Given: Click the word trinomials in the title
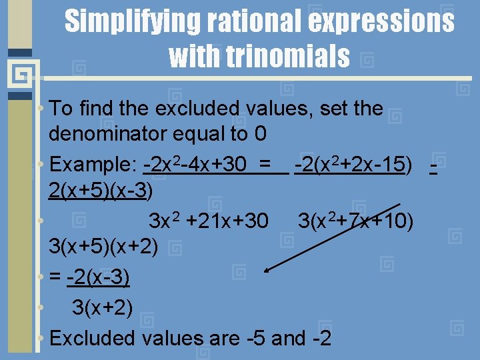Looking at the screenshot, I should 259,56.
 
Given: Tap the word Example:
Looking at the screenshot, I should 93,164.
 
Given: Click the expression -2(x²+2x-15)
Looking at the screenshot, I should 351,164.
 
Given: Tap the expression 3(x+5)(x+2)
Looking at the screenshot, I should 103,247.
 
